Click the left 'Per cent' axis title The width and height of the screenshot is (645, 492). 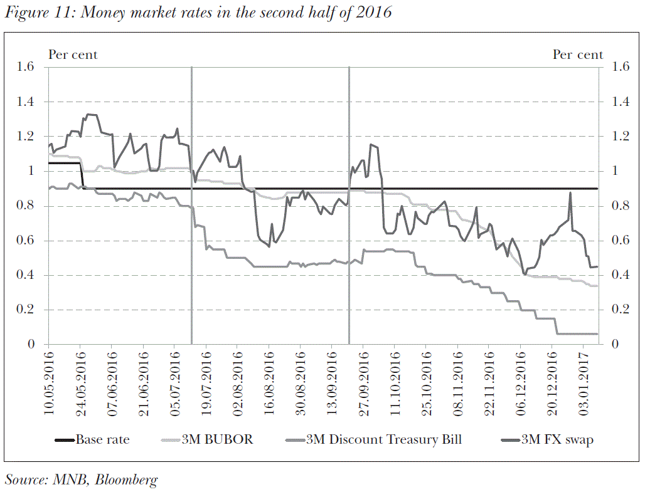(x=73, y=55)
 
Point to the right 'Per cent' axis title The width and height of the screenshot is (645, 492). (x=577, y=55)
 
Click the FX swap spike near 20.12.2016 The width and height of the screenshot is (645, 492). (x=570, y=194)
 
